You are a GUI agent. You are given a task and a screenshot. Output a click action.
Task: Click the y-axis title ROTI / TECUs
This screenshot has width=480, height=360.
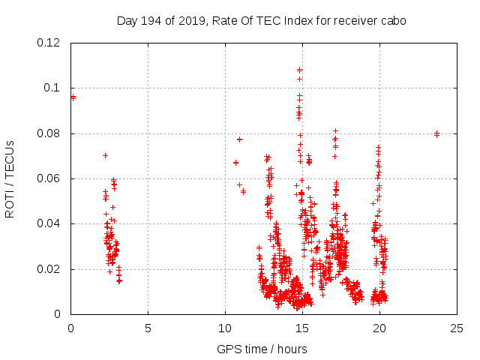10,179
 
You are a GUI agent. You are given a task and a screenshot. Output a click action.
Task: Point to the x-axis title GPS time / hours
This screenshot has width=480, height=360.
262,349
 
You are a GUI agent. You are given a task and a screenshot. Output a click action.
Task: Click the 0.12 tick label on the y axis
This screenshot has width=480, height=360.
49,43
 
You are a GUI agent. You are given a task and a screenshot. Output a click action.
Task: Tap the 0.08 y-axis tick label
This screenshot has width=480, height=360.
49,133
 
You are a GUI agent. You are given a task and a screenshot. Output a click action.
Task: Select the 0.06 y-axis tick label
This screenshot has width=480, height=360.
49,178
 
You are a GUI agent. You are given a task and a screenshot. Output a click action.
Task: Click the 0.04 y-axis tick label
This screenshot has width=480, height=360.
49,223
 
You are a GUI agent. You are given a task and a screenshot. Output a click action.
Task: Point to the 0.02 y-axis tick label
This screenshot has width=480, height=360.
49,269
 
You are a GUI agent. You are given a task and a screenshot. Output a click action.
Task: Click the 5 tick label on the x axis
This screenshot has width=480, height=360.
148,328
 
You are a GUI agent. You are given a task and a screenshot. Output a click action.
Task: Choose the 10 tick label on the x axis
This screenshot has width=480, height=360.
225,328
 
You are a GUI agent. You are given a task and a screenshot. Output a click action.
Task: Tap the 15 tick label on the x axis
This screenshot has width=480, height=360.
302,328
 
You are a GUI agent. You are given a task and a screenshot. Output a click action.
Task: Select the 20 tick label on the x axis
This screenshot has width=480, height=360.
379,328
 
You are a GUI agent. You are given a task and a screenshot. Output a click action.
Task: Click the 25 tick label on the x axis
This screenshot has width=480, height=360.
457,328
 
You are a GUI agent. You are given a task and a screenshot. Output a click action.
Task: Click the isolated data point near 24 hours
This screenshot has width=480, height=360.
436,134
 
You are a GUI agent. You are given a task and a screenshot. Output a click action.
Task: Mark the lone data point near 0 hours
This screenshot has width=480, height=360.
73,97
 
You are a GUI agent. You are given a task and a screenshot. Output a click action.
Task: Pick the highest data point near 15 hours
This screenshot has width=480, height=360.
300,70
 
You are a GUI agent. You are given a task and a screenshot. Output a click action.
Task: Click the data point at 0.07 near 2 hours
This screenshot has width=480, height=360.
106,155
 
